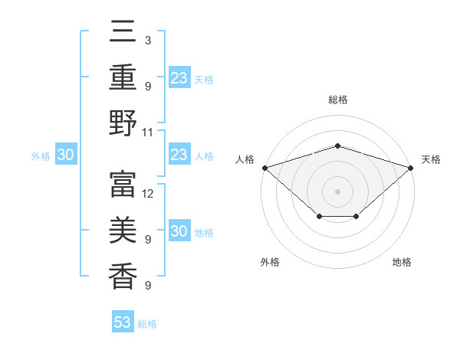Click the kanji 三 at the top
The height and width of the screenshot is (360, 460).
click(123, 34)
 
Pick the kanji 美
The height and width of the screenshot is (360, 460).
click(123, 230)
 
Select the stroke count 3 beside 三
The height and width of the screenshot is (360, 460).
click(147, 40)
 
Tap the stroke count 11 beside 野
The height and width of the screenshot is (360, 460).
click(148, 132)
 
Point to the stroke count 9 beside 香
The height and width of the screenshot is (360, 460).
click(147, 285)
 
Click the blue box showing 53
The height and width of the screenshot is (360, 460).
click(123, 322)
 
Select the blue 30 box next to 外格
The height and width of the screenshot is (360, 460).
click(65, 155)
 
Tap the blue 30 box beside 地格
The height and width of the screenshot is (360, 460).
click(179, 232)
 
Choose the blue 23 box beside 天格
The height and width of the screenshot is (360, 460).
click(179, 78)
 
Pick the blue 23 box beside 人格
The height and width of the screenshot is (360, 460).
click(179, 155)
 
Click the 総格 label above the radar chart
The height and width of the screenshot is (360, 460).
click(337, 100)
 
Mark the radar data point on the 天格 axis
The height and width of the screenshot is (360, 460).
click(411, 167)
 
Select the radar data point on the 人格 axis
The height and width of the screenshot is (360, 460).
click(264, 167)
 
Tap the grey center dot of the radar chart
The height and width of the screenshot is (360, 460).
click(337, 191)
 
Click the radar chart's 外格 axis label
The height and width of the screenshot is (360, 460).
click(270, 262)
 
